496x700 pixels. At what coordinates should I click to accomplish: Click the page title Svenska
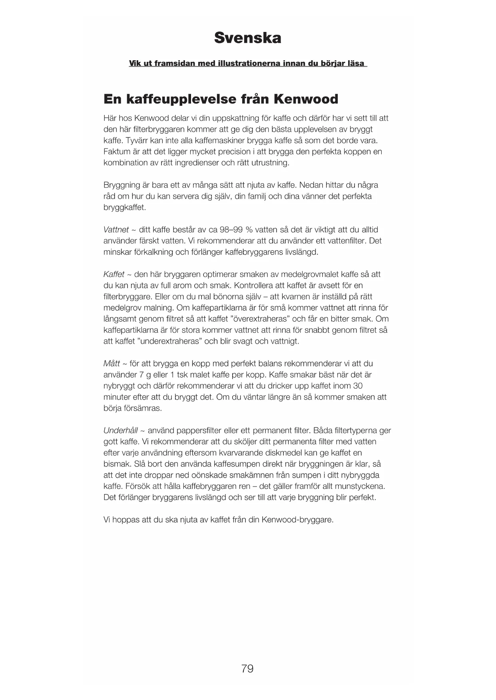pos(247,38)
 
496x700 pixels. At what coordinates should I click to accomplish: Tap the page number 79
pos(247,668)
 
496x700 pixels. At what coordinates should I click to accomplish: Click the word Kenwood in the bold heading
pos(306,99)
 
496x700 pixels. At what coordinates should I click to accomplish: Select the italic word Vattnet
pos(116,230)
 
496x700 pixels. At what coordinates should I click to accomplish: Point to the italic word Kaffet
pos(114,275)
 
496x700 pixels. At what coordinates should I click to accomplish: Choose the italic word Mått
pos(112,364)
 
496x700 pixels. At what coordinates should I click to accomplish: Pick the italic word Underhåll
pos(120,431)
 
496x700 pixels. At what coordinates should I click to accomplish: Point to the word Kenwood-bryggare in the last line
pos(297,520)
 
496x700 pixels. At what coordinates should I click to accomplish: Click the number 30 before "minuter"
pos(358,386)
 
